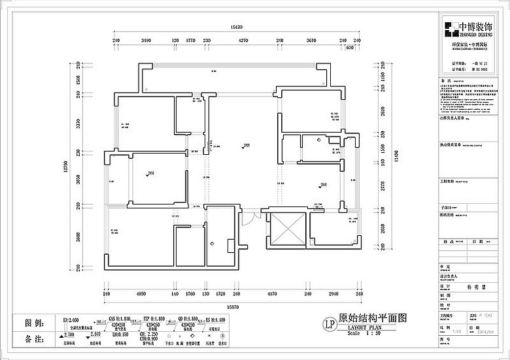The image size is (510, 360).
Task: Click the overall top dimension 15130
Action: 236,27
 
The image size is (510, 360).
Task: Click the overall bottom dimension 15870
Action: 236,306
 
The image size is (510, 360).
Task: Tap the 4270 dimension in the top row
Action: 243,41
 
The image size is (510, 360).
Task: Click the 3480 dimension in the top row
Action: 146,41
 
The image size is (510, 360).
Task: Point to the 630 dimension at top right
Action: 350,48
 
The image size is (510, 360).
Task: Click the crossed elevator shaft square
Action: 286,229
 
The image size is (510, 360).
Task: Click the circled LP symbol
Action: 330,321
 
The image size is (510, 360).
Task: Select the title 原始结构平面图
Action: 373,318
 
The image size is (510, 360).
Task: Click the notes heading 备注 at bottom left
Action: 34,340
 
